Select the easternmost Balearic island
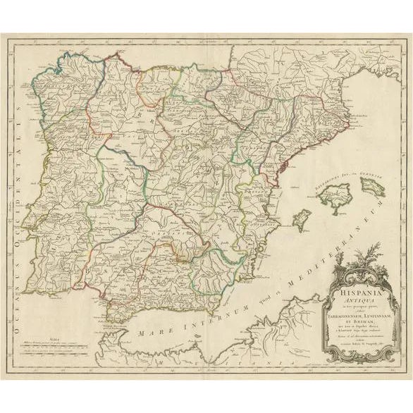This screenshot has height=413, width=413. click(x=371, y=186)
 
